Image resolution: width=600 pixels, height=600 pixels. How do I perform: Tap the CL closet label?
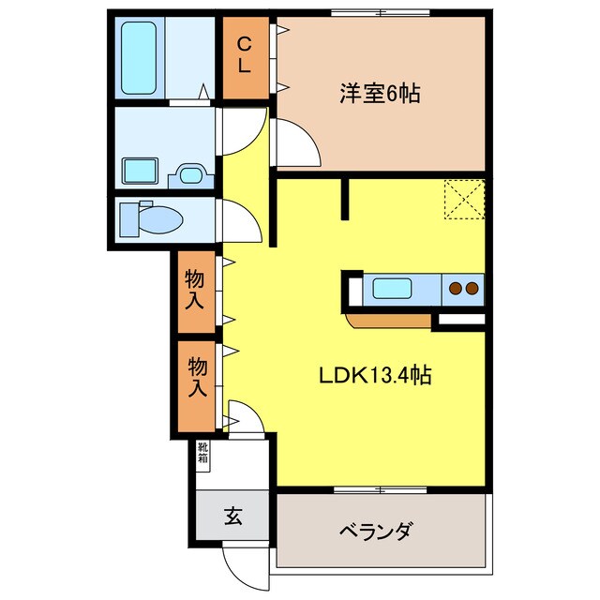[244, 56]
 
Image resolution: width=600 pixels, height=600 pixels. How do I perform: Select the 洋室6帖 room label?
[379, 94]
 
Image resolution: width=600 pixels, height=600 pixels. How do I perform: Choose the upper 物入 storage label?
[195, 292]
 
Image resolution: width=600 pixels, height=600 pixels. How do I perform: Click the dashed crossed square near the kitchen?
[462, 198]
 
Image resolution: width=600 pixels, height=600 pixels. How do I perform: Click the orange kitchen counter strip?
[389, 321]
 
